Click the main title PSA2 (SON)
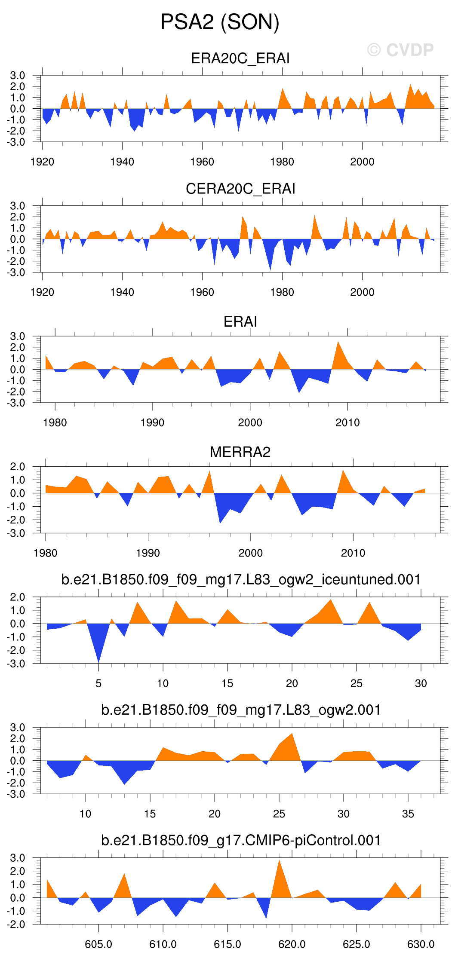220,22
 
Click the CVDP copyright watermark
400,50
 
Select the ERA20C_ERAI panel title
240,58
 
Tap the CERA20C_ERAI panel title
240,189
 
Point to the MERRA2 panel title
240,452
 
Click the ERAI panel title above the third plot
240,321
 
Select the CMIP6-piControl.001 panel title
241,840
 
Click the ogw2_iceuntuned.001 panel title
241,579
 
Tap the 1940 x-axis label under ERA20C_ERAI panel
122,162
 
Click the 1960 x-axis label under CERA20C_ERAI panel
202,292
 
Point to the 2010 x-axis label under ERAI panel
347,423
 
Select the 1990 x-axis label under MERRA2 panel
148,553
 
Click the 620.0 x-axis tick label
292,944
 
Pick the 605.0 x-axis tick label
98,944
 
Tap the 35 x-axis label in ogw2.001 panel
408,814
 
